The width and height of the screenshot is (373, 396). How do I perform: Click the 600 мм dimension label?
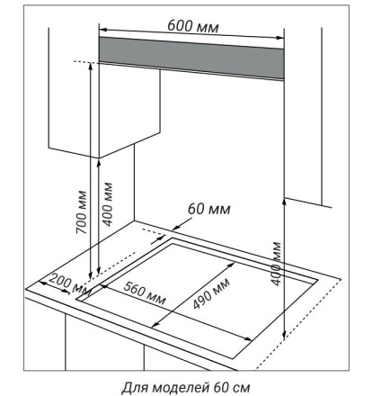pyautogui.click(x=193, y=26)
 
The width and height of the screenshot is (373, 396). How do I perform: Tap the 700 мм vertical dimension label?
pyautogui.click(x=81, y=212)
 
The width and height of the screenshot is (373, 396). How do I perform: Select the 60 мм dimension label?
pyautogui.click(x=209, y=209)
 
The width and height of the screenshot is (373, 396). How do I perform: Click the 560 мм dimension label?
pyautogui.click(x=145, y=293)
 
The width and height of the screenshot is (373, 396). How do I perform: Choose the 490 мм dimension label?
pyautogui.click(x=211, y=294)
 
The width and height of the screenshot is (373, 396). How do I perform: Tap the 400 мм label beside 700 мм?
pyautogui.click(x=107, y=204)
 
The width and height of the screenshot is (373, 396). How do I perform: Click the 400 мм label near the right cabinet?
pyautogui.click(x=276, y=264)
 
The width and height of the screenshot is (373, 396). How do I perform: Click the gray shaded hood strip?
pyautogui.click(x=191, y=58)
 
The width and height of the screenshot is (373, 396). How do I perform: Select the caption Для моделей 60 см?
pyautogui.click(x=186, y=387)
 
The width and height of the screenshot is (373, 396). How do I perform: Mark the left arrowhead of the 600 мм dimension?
pyautogui.click(x=102, y=30)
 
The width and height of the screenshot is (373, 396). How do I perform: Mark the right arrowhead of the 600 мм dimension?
pyautogui.click(x=280, y=38)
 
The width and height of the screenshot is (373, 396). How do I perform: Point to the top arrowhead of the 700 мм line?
pyautogui.click(x=90, y=66)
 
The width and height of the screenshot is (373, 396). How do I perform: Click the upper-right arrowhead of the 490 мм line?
pyautogui.click(x=232, y=265)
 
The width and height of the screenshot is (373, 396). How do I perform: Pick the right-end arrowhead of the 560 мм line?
pyautogui.click(x=248, y=339)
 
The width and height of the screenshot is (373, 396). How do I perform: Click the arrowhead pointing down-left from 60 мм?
pyautogui.click(x=175, y=229)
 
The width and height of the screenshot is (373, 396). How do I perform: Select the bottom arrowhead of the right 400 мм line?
pyautogui.click(x=284, y=334)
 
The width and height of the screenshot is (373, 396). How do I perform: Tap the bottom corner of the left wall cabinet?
pyautogui.click(x=99, y=157)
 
